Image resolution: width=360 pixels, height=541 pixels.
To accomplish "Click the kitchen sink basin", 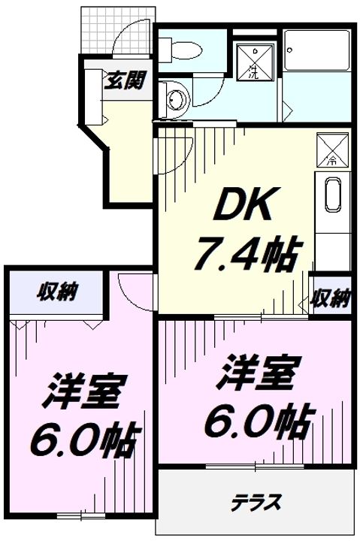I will (332, 195).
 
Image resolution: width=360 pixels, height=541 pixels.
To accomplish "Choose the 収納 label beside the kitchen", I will (331, 298).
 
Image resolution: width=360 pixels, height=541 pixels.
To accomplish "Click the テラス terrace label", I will (256, 502).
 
